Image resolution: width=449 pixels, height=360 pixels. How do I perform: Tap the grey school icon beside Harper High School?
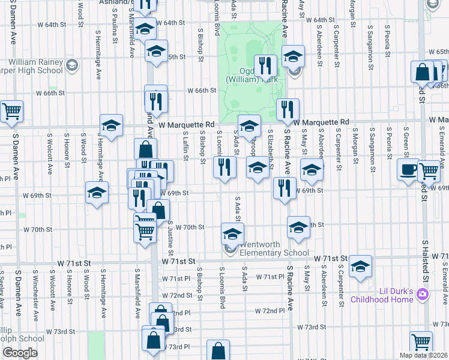72,65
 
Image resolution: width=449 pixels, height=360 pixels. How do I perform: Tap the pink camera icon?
423,293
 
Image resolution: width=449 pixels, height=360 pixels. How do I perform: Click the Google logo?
20,352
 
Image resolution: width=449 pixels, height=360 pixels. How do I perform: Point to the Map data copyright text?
423,355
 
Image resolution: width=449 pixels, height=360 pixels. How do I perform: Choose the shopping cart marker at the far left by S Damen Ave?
11,111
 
